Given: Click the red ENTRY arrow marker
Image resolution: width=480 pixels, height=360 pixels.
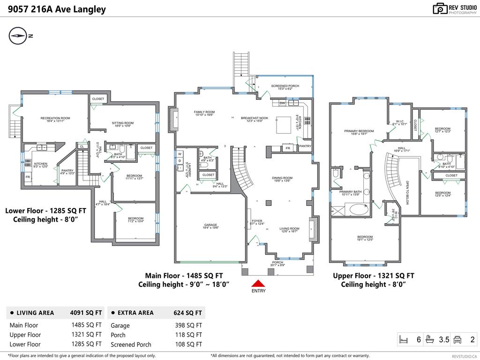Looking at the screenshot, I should [258, 283].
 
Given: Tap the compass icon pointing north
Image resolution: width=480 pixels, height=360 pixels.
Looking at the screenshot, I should [18, 36].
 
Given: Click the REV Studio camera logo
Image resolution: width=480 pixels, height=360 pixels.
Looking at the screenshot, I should [440, 8].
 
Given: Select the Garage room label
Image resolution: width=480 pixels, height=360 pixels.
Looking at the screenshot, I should [210, 227].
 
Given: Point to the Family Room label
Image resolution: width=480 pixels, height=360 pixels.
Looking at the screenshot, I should [204, 113].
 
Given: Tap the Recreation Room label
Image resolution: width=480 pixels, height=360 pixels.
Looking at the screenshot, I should [55, 119].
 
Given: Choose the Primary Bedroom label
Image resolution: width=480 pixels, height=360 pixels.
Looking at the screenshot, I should [359, 132].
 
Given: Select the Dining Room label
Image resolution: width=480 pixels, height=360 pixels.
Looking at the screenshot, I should [282, 179].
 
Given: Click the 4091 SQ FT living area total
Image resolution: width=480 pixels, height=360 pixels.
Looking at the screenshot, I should [86, 313].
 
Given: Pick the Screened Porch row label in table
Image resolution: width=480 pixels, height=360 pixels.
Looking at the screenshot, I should [131, 345].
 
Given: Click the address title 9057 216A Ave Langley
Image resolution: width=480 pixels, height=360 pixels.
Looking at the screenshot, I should [57, 9].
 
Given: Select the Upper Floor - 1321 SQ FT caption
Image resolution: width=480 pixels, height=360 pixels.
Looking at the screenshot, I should [373, 276].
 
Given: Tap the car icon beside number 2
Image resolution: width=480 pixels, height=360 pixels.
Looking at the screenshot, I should [461, 340].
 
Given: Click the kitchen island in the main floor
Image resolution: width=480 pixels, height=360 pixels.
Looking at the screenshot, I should [283, 124].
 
